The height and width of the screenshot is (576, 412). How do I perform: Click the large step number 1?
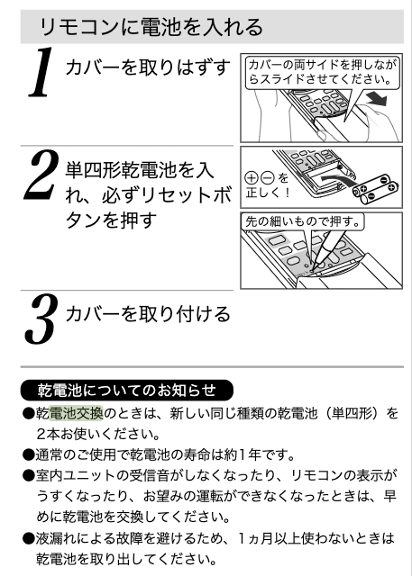point(41,72)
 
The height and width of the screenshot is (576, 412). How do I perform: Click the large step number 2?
point(41,175)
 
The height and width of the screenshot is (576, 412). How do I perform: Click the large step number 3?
point(41,319)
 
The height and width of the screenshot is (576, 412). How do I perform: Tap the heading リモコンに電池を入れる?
point(151,27)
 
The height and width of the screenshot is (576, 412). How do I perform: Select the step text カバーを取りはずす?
point(148,67)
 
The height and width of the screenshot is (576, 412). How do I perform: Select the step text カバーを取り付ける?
point(148,314)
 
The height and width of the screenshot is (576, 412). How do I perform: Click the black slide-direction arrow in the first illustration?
point(376,98)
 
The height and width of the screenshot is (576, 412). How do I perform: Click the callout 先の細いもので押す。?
point(303,221)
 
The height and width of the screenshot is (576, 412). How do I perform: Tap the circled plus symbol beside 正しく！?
point(252,178)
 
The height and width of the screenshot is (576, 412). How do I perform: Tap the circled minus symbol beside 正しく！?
point(268,178)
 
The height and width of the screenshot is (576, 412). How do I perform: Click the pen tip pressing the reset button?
point(313,271)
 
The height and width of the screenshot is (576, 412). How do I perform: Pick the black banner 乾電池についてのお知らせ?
point(126,390)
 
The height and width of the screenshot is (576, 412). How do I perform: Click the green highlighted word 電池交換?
point(76,413)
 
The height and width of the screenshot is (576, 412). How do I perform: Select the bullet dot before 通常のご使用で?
point(28,455)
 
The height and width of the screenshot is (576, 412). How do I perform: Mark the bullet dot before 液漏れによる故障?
point(28,539)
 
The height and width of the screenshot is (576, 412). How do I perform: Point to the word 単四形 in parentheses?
point(352,413)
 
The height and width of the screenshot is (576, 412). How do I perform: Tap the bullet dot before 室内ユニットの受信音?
point(28,476)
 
